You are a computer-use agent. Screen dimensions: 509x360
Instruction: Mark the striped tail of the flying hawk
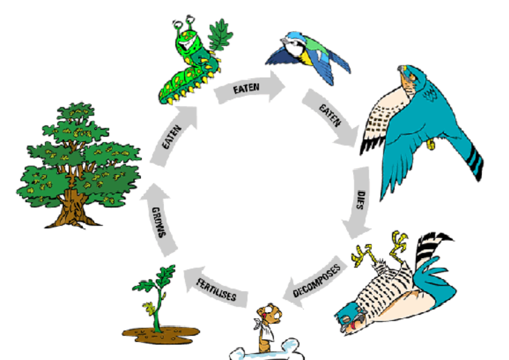473,161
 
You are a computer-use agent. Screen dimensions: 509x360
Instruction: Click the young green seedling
157,298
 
